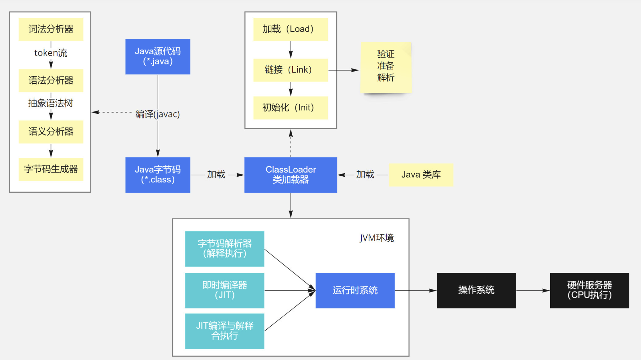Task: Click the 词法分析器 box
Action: (51, 29)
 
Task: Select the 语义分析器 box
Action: (51, 132)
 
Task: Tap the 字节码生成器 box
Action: (51, 169)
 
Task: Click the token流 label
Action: (51, 53)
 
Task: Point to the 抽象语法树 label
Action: (51, 103)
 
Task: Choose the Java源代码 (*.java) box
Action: (158, 57)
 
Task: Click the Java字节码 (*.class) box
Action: (158, 175)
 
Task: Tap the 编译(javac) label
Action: (158, 114)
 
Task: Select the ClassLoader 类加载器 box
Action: (291, 175)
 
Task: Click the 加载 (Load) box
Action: (291, 29)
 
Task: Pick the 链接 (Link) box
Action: (291, 70)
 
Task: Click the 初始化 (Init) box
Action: (291, 108)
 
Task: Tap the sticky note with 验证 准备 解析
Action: (386, 67)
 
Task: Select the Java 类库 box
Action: (421, 175)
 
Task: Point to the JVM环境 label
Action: (377, 238)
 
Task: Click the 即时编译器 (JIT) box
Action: (224, 290)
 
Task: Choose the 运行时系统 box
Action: (355, 290)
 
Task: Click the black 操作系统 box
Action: (476, 290)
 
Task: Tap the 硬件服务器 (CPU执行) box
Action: (589, 290)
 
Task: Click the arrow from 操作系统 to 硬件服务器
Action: (533, 290)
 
